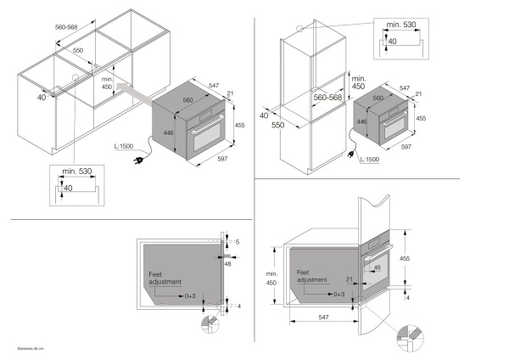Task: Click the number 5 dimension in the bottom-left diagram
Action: [238, 242]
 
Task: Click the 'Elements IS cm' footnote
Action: [30, 348]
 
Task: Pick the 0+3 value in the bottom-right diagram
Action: [338, 293]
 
